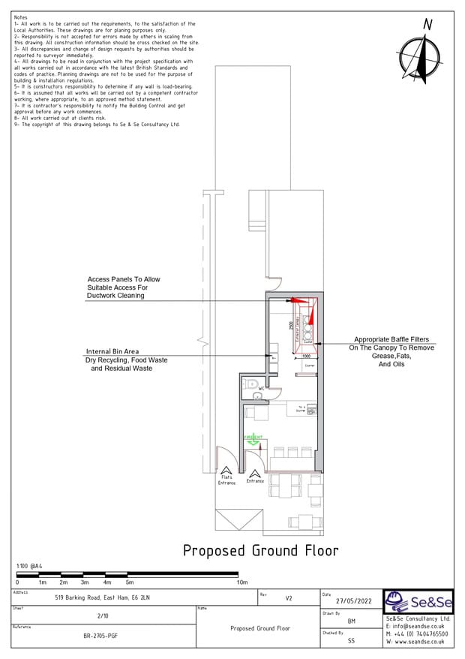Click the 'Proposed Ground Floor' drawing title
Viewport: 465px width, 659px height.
(x=260, y=550)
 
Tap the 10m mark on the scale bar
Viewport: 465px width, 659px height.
(x=242, y=582)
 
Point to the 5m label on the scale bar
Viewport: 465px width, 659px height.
(x=130, y=582)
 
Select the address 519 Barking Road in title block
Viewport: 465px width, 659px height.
(x=103, y=599)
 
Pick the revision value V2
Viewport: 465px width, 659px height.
(x=289, y=599)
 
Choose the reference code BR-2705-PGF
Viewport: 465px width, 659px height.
(x=99, y=636)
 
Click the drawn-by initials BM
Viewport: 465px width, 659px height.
(x=352, y=621)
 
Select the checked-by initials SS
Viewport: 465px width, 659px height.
(x=352, y=641)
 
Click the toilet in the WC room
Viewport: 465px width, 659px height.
(x=253, y=384)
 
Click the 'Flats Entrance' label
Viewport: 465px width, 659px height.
(x=226, y=480)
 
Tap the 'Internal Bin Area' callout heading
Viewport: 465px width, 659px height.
(x=112, y=351)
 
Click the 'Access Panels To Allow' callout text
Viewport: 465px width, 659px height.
(x=124, y=279)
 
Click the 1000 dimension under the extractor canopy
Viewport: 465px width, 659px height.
(x=306, y=357)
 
